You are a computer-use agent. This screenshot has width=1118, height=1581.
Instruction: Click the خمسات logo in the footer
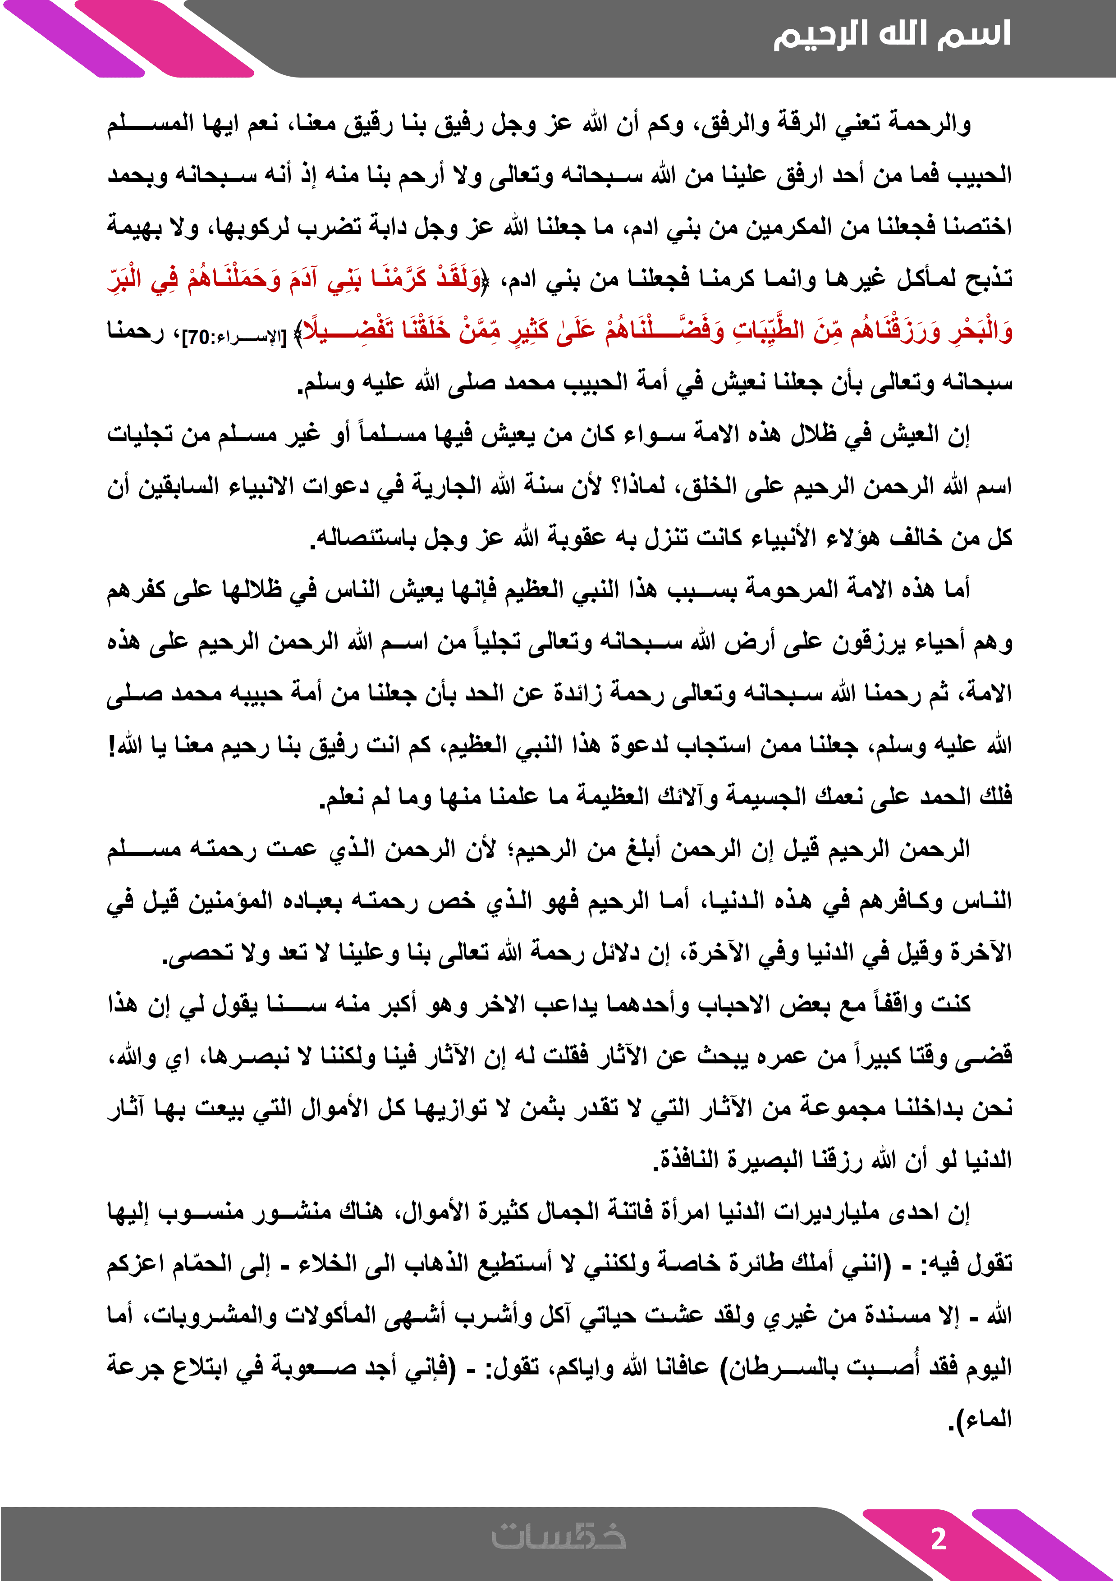tap(558, 1537)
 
